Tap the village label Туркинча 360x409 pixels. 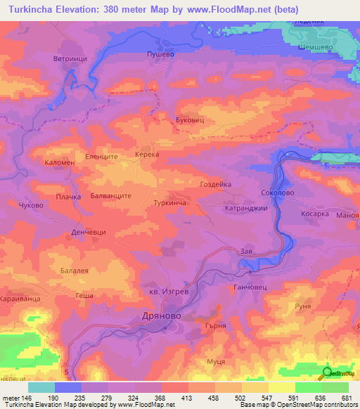coord(169,202)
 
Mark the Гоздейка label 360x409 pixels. coord(215,183)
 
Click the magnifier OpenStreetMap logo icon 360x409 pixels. coord(327,375)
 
